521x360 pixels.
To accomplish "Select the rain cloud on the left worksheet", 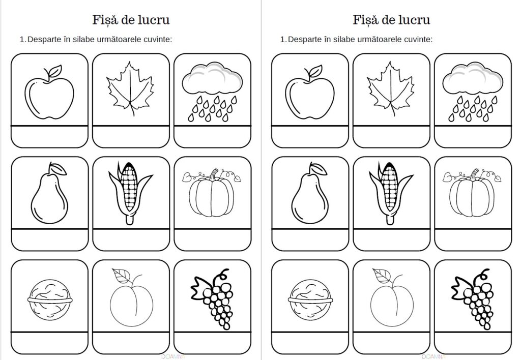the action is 212,92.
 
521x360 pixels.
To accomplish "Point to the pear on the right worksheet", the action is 310,193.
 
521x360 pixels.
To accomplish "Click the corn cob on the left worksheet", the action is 130,193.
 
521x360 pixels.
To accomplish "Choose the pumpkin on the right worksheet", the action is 472,193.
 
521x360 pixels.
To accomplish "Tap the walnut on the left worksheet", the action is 50,299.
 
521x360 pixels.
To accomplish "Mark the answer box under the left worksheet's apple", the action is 49,137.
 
